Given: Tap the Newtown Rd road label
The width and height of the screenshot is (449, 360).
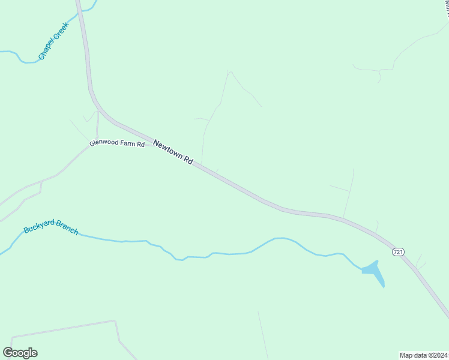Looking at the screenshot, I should [x=173, y=152].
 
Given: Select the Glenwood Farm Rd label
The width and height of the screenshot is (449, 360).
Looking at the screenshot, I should [x=117, y=144].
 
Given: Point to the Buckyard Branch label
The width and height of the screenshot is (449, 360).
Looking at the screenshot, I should [x=50, y=227].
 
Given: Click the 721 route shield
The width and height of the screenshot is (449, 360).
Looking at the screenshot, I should [x=397, y=252].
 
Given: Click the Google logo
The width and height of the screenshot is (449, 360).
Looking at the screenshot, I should [x=20, y=353].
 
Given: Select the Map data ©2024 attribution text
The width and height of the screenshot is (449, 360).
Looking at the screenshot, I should [x=423, y=355].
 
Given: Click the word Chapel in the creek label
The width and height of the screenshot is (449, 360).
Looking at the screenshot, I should [x=45, y=50].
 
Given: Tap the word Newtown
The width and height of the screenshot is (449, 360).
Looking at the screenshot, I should [x=167, y=149].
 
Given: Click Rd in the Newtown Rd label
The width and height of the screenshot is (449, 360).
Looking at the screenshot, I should [x=188, y=161].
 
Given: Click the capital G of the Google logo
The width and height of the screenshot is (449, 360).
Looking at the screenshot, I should [x=8, y=352].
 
